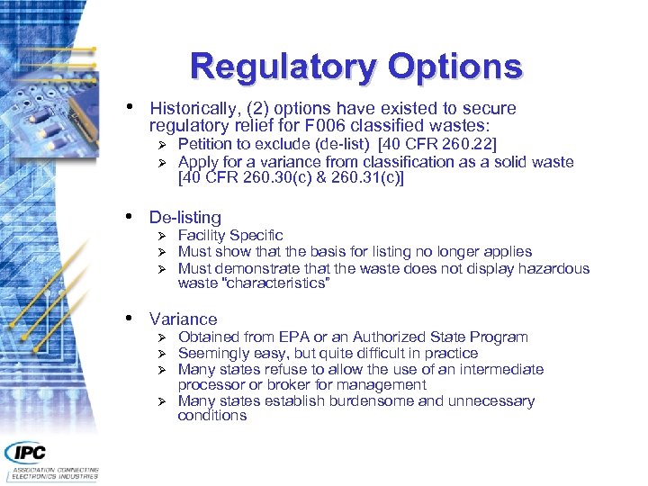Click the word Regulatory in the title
pos(282,67)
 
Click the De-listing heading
pos(185,217)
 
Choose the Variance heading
pos(184,319)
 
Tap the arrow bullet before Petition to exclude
pos(162,145)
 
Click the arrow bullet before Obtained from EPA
pos(162,337)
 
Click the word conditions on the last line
pos(212,416)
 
